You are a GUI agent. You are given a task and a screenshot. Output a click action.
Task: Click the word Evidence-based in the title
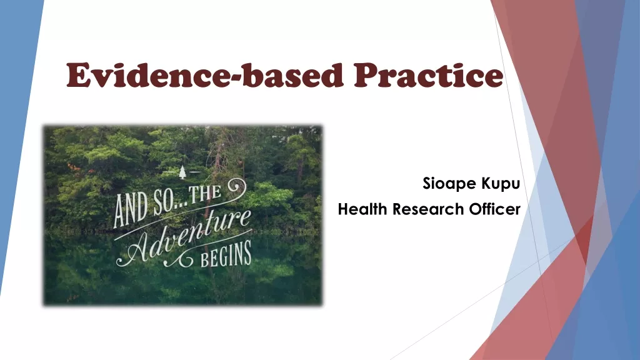tap(204, 75)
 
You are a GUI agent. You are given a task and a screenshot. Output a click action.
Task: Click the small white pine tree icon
tap(182, 172)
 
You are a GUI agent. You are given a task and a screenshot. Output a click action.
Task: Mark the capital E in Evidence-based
tap(78, 75)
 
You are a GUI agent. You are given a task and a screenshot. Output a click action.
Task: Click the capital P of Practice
tap(366, 75)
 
